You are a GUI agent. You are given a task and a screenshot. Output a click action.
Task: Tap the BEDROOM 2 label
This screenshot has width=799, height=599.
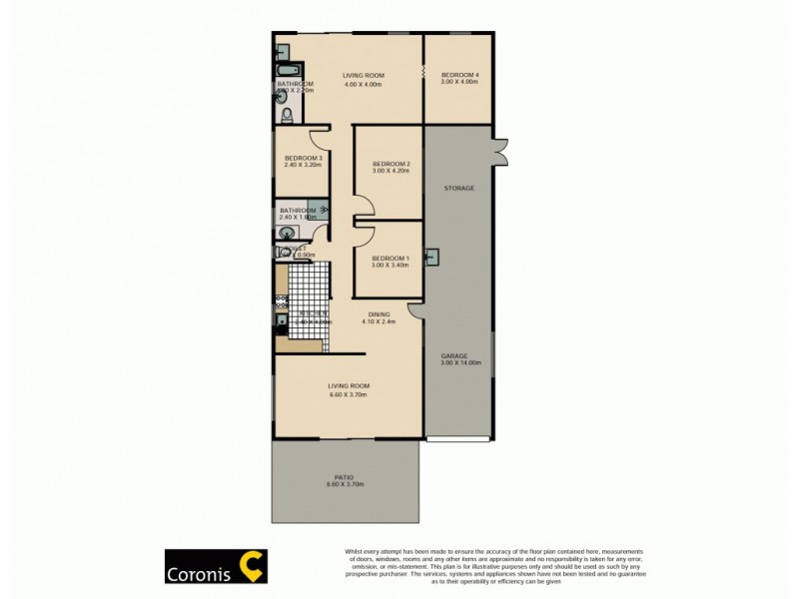pyautogui.click(x=392, y=164)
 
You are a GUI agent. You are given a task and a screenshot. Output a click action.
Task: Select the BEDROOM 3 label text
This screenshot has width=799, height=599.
pyautogui.click(x=303, y=158)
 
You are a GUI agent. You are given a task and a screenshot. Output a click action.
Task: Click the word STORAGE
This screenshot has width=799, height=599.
pyautogui.click(x=459, y=188)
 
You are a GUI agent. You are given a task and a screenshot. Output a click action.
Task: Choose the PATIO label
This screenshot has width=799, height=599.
pyautogui.click(x=345, y=477)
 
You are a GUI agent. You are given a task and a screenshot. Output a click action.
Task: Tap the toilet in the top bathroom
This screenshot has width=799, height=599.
pyautogui.click(x=287, y=116)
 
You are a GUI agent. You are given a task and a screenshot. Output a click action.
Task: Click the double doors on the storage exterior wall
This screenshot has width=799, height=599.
pyautogui.click(x=500, y=150)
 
